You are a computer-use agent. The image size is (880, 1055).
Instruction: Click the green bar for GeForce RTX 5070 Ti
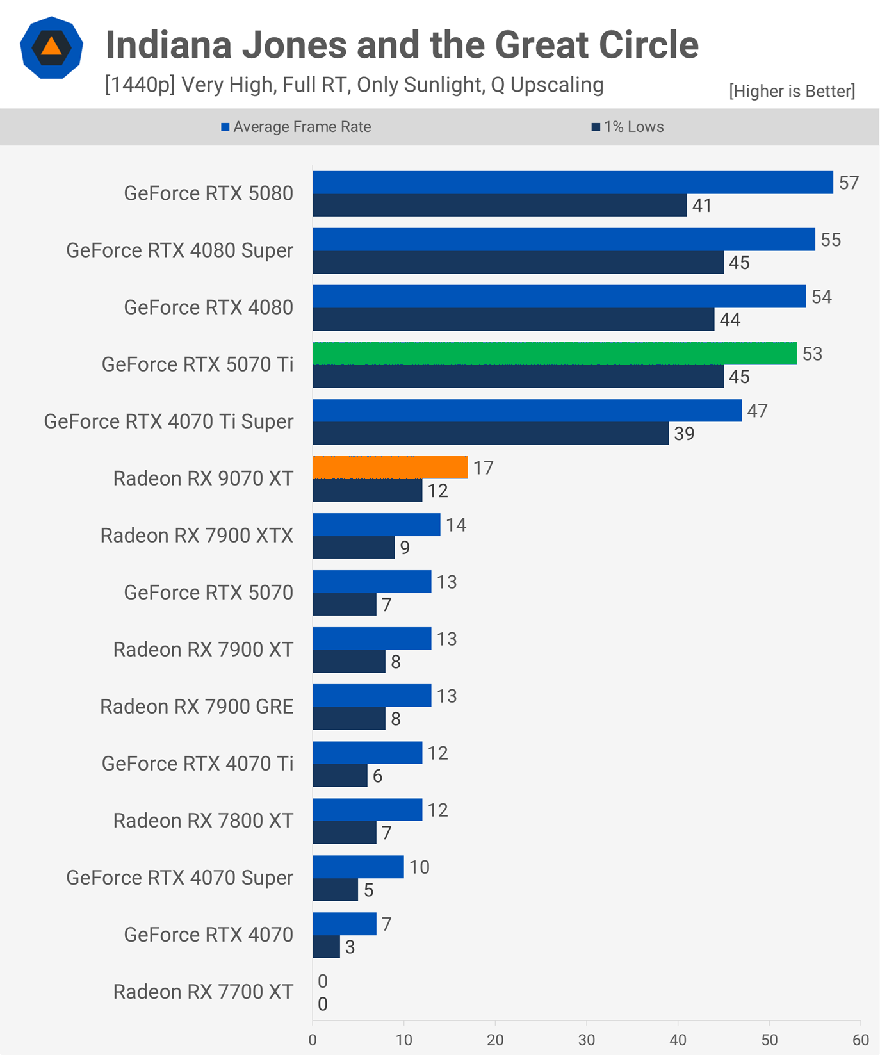(x=555, y=354)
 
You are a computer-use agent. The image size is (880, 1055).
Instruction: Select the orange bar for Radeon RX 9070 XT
(x=390, y=468)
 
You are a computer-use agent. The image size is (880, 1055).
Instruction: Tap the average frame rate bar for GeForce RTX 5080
(x=573, y=183)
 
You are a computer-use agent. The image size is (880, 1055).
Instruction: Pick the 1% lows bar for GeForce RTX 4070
(x=327, y=947)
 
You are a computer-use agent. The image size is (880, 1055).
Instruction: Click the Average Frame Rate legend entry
(x=296, y=127)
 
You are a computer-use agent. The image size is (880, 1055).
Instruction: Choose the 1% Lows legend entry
(x=628, y=127)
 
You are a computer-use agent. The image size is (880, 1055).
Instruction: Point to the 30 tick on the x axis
(x=587, y=1040)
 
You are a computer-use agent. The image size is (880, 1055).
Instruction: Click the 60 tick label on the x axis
(x=861, y=1040)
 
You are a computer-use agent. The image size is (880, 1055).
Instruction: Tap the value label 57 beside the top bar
(x=849, y=183)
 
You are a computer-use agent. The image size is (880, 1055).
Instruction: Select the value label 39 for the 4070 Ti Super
(x=684, y=434)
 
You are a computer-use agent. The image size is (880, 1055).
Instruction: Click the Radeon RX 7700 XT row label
(x=203, y=992)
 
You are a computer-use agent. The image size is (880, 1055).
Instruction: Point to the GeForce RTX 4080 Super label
(x=179, y=250)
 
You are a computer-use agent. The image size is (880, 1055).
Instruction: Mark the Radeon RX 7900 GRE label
(x=197, y=707)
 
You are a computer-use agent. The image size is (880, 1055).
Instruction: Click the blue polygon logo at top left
(x=51, y=48)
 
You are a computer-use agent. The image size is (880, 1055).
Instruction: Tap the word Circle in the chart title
(x=648, y=45)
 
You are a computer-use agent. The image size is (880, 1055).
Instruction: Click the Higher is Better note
(x=792, y=91)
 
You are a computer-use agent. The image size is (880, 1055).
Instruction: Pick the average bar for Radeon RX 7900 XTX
(x=377, y=525)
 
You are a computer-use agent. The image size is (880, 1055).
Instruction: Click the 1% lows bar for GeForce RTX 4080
(x=514, y=320)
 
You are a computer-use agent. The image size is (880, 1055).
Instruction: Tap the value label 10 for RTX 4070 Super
(x=420, y=867)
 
